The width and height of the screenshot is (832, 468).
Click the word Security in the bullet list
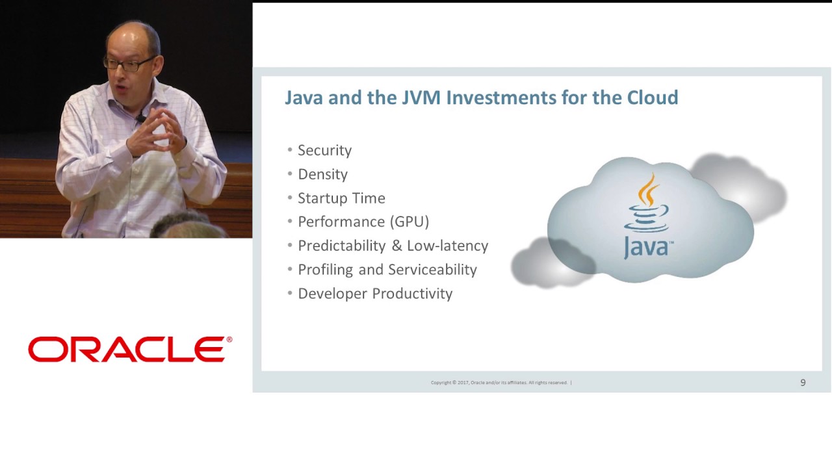[x=324, y=150]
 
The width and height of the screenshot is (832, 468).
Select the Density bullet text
[x=322, y=174]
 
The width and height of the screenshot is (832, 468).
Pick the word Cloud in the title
[x=652, y=97]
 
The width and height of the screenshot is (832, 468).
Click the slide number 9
[x=803, y=383]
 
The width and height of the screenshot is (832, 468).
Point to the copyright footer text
[x=499, y=383]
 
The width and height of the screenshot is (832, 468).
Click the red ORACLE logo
[x=130, y=349]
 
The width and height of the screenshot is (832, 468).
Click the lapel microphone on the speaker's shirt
[x=140, y=120]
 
